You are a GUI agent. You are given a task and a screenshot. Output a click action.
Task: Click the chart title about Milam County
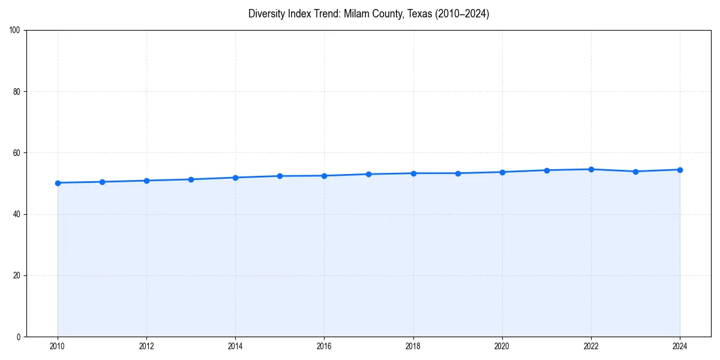click(x=368, y=14)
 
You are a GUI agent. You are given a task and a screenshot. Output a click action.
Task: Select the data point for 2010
click(x=58, y=183)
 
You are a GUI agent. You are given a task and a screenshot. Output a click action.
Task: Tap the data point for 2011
click(x=102, y=182)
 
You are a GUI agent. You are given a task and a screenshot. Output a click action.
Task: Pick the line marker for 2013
click(x=191, y=179)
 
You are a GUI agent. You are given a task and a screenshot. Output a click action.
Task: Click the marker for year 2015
click(x=280, y=176)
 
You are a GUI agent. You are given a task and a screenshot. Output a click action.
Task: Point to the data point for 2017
click(x=368, y=174)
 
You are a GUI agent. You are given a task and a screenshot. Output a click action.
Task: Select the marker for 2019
click(x=458, y=173)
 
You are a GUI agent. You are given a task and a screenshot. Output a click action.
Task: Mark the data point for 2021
click(x=547, y=170)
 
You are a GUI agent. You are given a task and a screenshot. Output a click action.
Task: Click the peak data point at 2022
click(x=591, y=169)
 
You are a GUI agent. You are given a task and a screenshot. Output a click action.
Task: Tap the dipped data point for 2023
click(x=635, y=172)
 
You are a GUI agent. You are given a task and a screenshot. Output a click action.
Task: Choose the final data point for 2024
click(x=680, y=170)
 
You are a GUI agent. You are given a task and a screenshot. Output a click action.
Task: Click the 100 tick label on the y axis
click(x=15, y=31)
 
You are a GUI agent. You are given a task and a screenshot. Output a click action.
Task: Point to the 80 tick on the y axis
click(x=17, y=92)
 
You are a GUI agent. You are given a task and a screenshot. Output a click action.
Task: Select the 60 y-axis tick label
click(x=17, y=153)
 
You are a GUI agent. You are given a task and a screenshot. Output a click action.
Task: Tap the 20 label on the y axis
click(x=17, y=275)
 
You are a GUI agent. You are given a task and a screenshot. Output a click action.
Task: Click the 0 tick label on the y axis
click(x=19, y=337)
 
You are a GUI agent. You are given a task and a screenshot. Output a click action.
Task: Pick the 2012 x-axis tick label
click(x=146, y=346)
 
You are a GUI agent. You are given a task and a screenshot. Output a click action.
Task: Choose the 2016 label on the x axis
click(x=324, y=346)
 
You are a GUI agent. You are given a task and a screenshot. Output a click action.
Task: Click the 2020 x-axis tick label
click(x=502, y=346)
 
